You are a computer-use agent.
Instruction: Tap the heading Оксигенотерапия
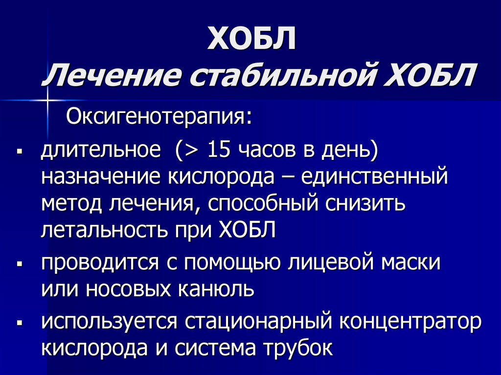(x=159, y=117)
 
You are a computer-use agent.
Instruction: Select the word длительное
(x=101, y=150)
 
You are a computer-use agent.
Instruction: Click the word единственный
(x=374, y=177)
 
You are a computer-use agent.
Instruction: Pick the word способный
(x=263, y=204)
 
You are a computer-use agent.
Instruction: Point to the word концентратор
(x=410, y=322)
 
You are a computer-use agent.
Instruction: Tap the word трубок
(x=298, y=348)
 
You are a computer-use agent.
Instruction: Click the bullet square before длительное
(x=20, y=150)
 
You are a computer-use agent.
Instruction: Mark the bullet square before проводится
(x=20, y=264)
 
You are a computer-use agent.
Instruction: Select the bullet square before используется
(x=20, y=323)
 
